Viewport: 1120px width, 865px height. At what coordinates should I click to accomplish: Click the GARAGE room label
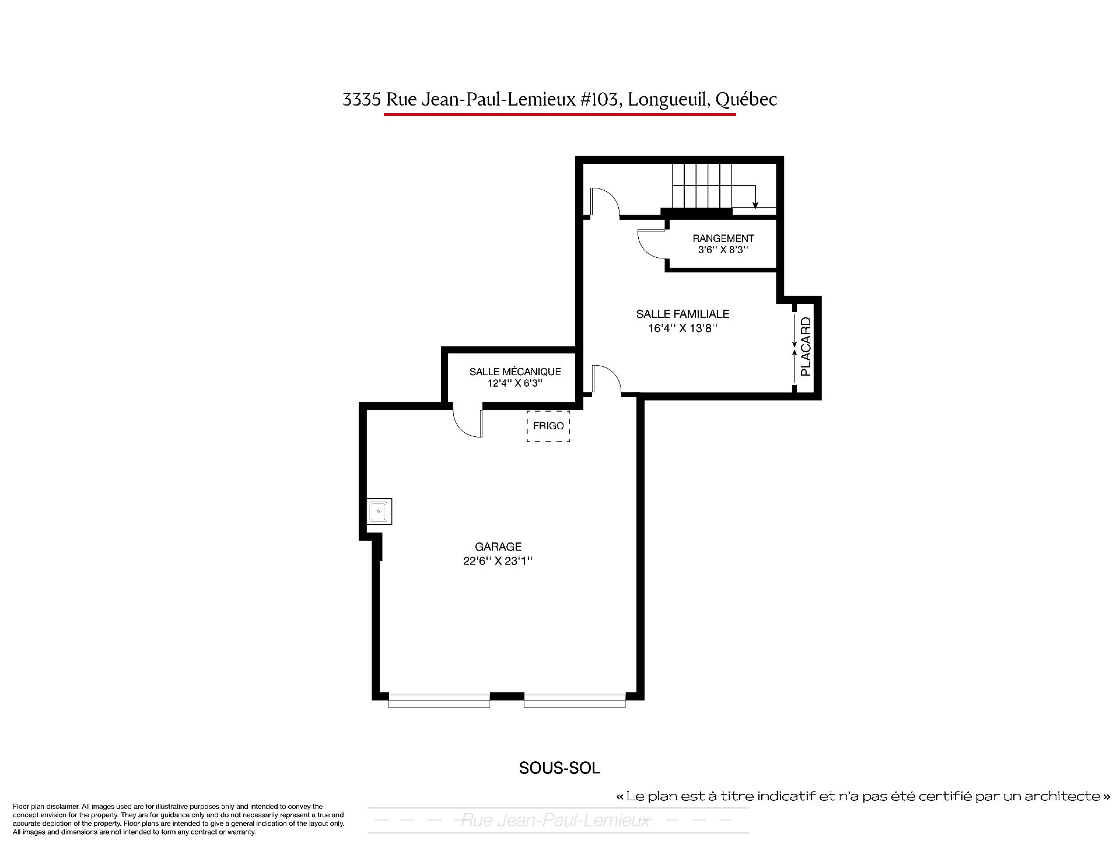(x=498, y=547)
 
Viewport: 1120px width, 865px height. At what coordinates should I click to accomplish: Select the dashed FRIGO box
(x=548, y=426)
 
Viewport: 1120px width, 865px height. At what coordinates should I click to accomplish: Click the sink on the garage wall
(x=379, y=512)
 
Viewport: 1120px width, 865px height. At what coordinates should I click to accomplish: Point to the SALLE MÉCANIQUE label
(x=515, y=372)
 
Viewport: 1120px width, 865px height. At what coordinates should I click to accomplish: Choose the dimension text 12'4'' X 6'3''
(x=515, y=384)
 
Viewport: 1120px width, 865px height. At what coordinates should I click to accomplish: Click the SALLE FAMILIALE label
(x=682, y=314)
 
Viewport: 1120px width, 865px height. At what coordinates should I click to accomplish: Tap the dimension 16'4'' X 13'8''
(x=682, y=328)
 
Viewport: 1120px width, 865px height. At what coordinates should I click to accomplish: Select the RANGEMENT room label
(x=723, y=238)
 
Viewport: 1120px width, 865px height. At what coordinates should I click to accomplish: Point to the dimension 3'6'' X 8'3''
(x=723, y=250)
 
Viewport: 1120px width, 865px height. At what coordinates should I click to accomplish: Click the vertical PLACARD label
(x=806, y=346)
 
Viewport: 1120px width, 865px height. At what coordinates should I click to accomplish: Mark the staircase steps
(x=702, y=185)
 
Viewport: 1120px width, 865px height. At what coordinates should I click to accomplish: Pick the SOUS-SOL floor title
(x=559, y=768)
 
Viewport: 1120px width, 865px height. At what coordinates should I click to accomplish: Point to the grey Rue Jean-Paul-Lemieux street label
(x=555, y=821)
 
